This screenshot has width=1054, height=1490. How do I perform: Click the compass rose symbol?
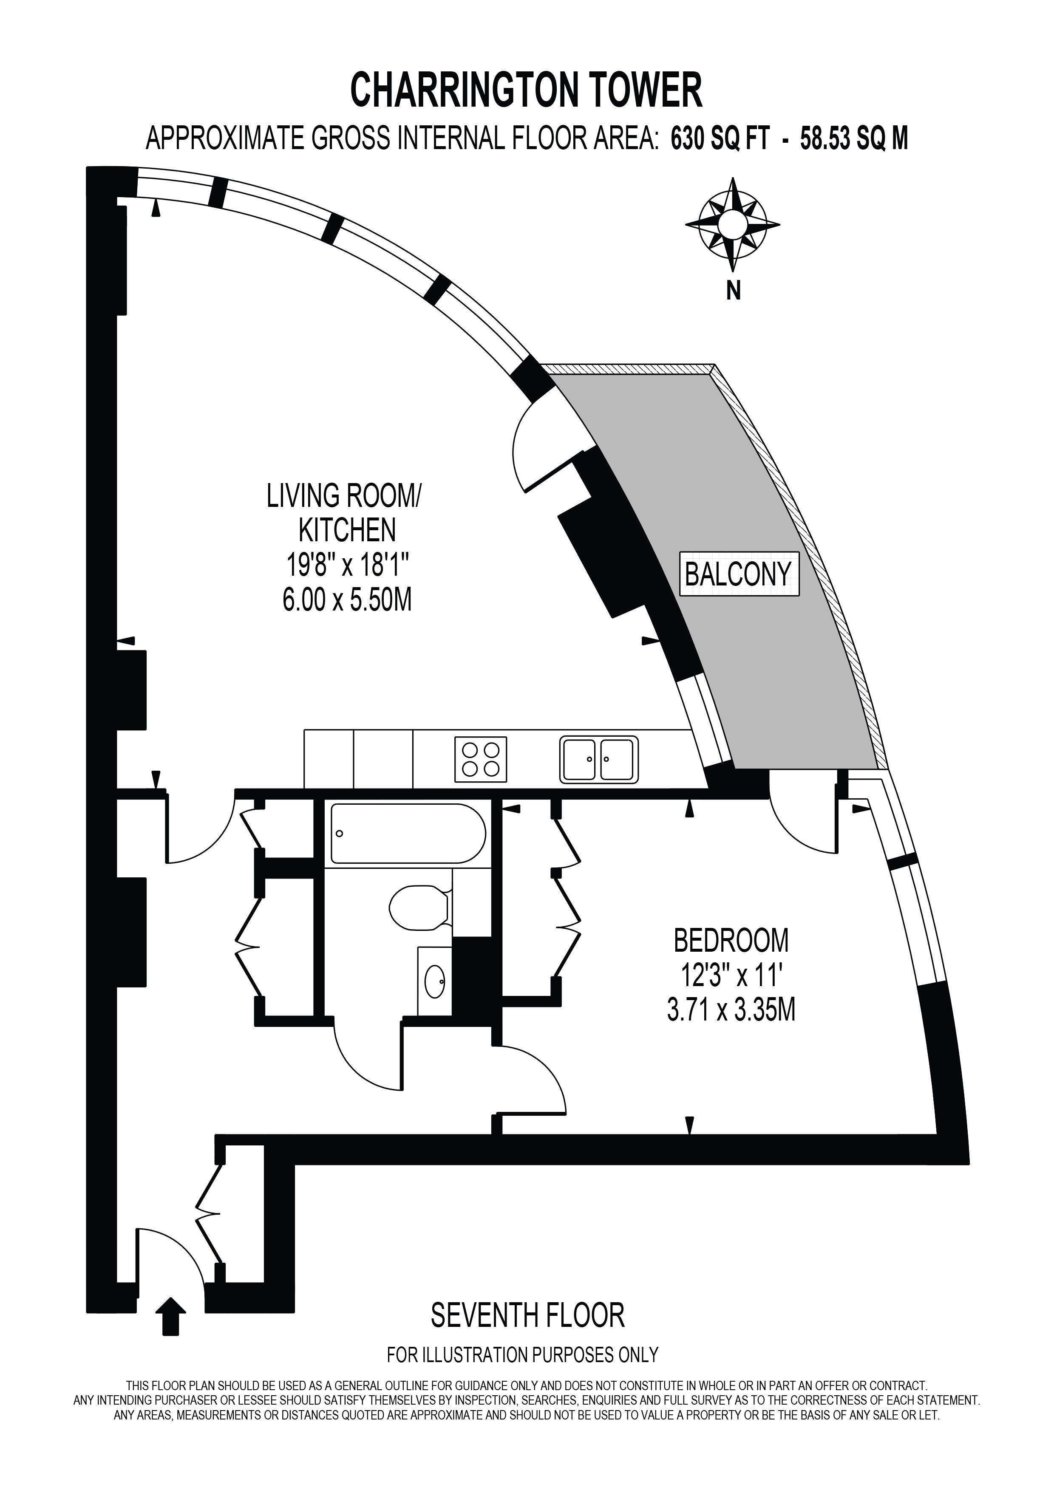click(733, 224)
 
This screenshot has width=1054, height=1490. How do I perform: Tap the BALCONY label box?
click(739, 574)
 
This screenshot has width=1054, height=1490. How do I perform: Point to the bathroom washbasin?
click(435, 981)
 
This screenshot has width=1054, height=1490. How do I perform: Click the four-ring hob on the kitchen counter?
click(480, 759)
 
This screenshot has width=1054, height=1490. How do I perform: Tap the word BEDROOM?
click(731, 940)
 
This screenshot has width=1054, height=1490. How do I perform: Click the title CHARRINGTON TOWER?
click(526, 90)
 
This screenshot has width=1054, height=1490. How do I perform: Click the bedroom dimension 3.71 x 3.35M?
click(731, 1010)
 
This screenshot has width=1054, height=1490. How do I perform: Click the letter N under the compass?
click(734, 292)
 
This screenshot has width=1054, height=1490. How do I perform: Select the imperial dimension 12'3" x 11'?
click(731, 975)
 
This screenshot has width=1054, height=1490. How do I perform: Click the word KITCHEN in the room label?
click(347, 531)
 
